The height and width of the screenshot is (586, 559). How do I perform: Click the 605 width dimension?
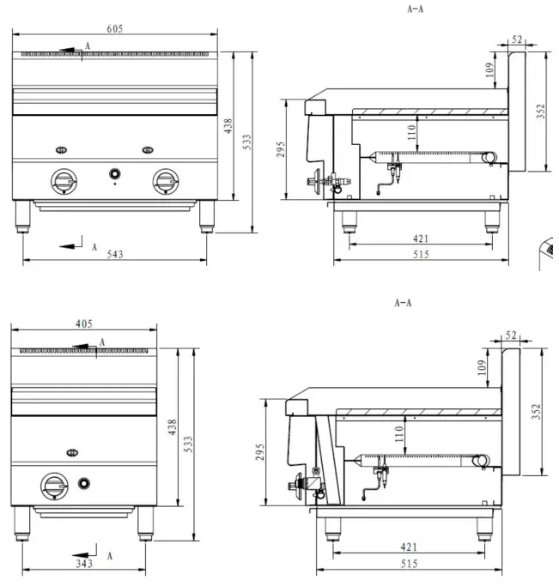click(115, 28)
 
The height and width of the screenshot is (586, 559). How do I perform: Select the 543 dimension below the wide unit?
click(114, 254)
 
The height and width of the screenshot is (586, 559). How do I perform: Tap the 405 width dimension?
click(83, 323)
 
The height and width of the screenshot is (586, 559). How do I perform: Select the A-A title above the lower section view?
click(403, 302)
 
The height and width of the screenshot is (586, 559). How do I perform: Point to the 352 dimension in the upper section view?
click(541, 112)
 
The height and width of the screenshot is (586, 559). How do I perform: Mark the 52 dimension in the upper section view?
click(517, 39)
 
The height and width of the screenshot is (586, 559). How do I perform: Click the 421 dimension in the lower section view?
click(408, 546)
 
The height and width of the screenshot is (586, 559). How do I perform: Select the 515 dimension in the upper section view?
click(421, 254)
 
